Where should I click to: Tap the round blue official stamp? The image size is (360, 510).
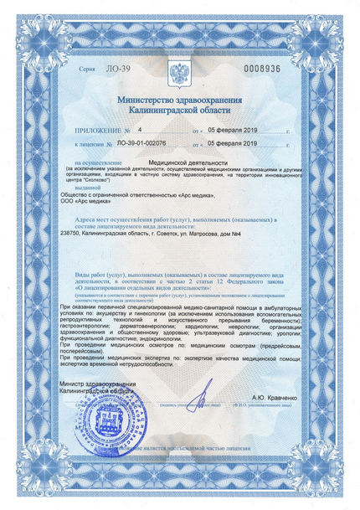[108, 419]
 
